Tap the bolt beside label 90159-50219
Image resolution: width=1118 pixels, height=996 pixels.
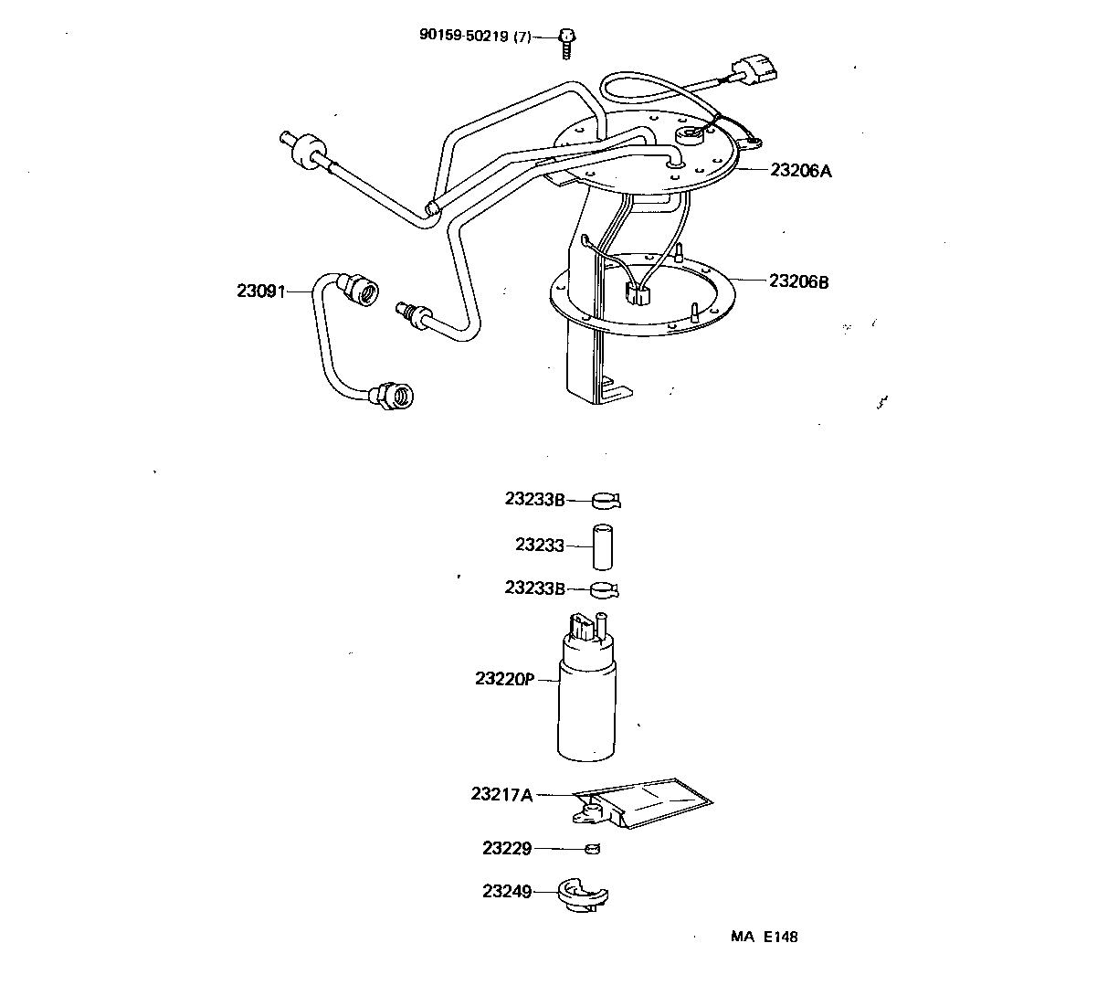coord(566,41)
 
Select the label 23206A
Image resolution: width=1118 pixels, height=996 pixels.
coord(801,170)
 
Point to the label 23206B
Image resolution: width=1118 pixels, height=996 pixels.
coord(799,281)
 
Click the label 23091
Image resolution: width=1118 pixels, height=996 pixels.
coord(261,291)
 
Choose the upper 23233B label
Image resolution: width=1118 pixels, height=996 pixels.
coord(535,499)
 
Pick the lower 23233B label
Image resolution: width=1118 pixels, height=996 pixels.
coord(535,588)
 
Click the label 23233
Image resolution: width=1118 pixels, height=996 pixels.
coord(540,545)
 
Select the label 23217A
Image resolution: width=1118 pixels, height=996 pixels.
coord(501,794)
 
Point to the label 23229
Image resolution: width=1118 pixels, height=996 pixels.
coord(507,848)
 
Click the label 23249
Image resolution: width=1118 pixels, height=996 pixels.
coord(507,890)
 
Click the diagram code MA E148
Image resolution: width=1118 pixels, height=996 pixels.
coord(764,937)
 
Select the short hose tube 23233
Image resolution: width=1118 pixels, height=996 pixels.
coord(602,546)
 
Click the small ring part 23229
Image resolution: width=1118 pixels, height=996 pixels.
coord(593,849)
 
